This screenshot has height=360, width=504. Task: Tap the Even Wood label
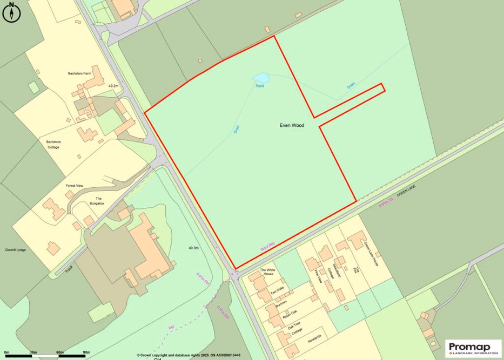click(x=292, y=125)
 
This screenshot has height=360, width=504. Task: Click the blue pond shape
click(x=260, y=78)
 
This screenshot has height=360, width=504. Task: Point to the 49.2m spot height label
click(x=113, y=86)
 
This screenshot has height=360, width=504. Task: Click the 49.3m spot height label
click(x=194, y=248)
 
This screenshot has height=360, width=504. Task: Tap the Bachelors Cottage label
click(x=53, y=144)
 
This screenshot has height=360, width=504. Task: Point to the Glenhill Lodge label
click(x=15, y=250)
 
